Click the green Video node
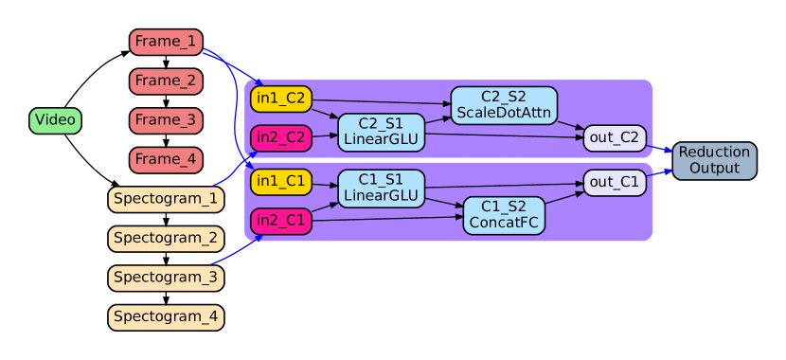tap(56, 120)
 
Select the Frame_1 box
tap(166, 42)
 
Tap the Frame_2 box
tap(166, 81)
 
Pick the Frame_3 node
tap(166, 120)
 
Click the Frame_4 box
tap(166, 159)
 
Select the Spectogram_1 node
tap(166, 199)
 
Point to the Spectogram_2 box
tap(166, 238)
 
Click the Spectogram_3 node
tap(166, 278)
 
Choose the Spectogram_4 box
tap(166, 316)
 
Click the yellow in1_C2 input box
tap(281, 99)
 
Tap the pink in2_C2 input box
tap(281, 137)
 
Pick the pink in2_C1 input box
tap(281, 222)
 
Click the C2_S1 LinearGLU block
tap(381, 132)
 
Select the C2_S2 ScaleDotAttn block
tap(504, 105)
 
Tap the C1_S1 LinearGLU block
tap(381, 188)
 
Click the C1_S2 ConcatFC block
tap(504, 215)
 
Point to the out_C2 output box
tap(615, 138)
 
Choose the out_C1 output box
tap(615, 182)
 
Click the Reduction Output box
tap(714, 160)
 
